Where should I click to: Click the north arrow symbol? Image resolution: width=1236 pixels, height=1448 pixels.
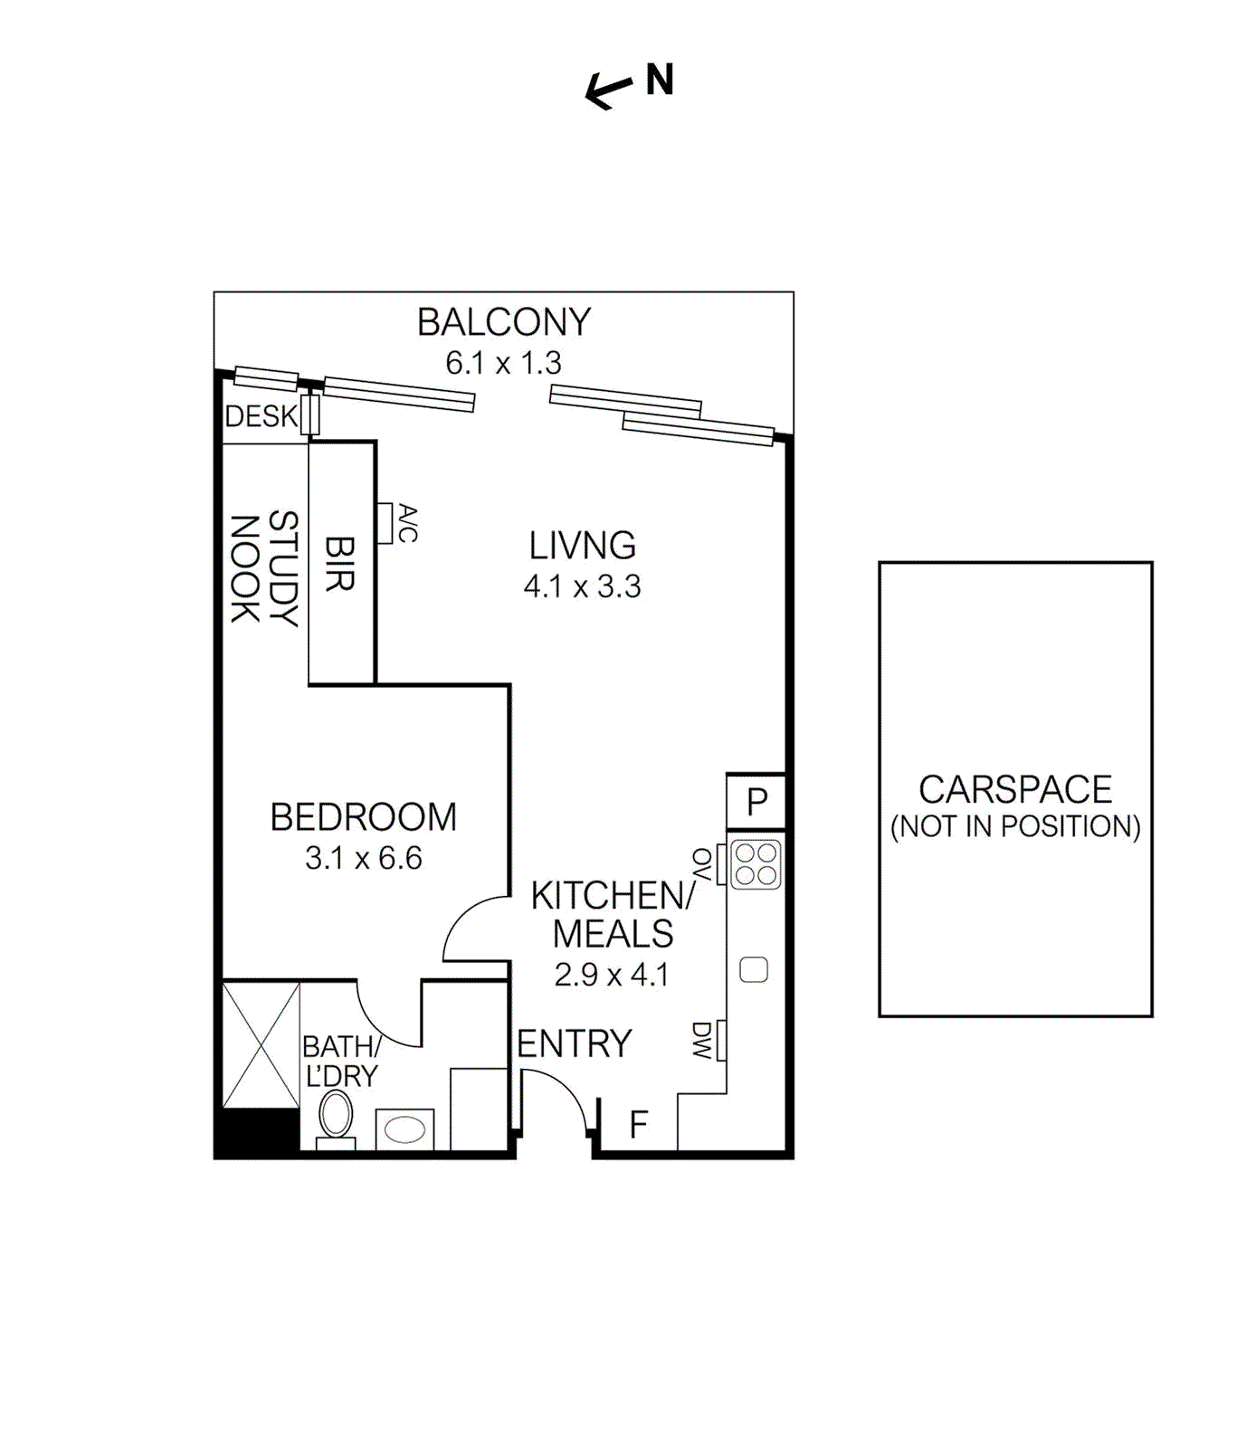(608, 90)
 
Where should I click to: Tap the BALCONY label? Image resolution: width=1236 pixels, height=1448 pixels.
(504, 323)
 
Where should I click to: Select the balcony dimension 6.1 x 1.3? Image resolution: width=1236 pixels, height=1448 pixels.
(504, 364)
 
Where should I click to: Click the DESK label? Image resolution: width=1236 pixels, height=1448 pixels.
(261, 416)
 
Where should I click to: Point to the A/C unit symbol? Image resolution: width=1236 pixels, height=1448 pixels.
(385, 523)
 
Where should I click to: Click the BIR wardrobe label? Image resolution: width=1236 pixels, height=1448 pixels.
(339, 564)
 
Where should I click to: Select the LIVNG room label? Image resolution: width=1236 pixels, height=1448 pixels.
(583, 546)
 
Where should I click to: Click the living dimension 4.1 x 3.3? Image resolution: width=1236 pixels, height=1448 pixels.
(583, 586)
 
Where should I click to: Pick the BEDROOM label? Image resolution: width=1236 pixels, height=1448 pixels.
(364, 817)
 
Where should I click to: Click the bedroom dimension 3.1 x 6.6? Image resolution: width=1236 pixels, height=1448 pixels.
(364, 858)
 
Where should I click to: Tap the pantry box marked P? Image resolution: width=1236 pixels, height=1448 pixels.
(756, 802)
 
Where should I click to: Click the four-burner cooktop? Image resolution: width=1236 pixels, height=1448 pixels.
(756, 863)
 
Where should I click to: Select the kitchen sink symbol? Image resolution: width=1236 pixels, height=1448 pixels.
(754, 970)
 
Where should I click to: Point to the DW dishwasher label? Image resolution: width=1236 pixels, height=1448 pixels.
(703, 1041)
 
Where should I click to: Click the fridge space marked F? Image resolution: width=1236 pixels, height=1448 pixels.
(639, 1125)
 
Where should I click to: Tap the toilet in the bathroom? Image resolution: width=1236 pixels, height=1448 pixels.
(336, 1116)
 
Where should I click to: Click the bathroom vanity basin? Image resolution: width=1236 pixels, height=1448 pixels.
(405, 1129)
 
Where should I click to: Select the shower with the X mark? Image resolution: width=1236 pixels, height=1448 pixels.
(261, 1043)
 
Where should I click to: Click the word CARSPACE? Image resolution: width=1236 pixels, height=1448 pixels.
(1015, 790)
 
